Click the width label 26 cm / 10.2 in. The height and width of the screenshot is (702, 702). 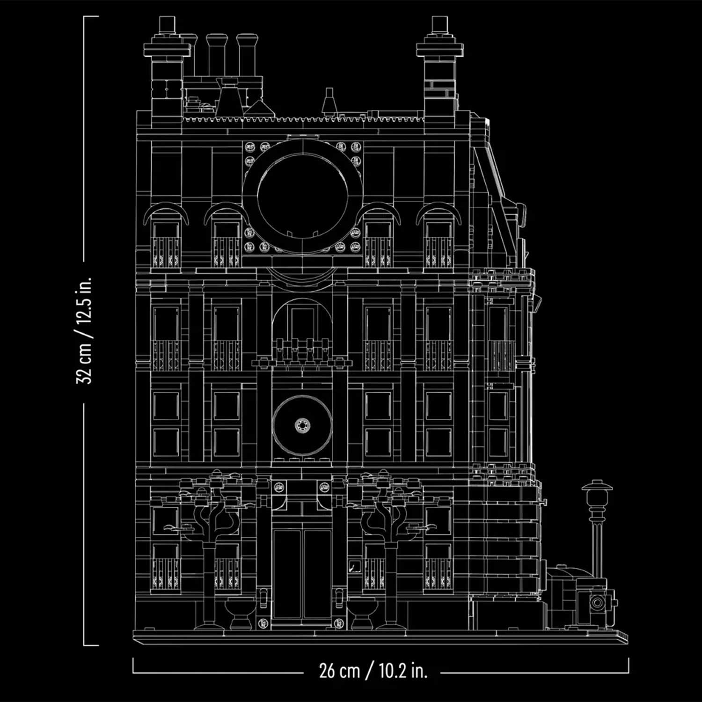[373, 671]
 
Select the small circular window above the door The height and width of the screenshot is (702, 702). [302, 425]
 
